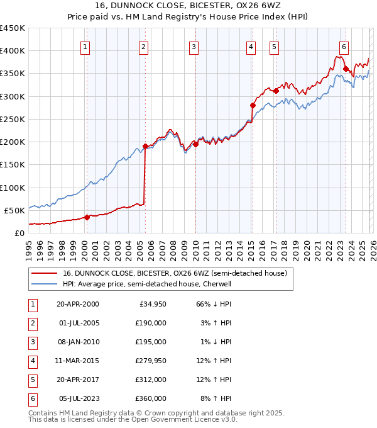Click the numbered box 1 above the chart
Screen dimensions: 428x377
(85, 47)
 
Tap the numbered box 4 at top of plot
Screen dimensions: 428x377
(251, 47)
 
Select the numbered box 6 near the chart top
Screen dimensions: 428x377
(344, 47)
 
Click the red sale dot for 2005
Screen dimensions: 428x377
(145, 147)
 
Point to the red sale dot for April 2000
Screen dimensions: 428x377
(87, 217)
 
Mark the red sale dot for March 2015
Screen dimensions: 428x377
(253, 106)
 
